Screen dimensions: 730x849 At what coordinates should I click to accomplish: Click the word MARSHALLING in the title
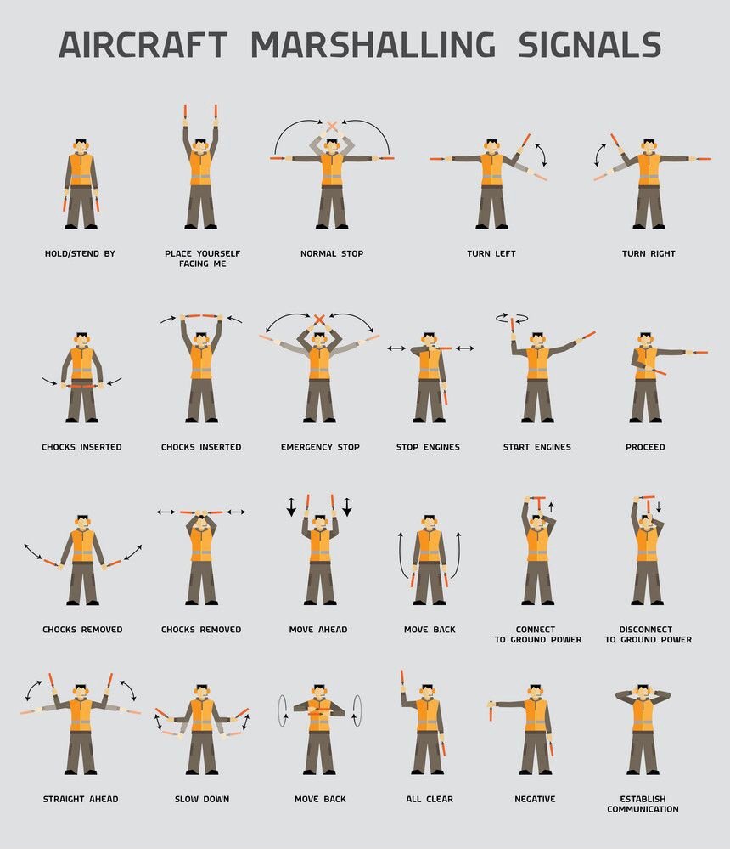pos(373,44)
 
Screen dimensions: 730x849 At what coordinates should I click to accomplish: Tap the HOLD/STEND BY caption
pos(80,253)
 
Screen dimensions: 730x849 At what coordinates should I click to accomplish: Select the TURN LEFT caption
pos(491,253)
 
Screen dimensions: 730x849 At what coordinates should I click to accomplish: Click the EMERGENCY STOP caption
pos(320,447)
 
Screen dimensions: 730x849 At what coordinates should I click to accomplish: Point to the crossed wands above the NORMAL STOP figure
pos(332,126)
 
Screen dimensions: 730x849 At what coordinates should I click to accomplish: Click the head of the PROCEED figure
pos(645,340)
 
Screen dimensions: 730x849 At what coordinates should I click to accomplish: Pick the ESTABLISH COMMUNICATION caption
pos(643,804)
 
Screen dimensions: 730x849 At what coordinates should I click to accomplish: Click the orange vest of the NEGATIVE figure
pos(536,714)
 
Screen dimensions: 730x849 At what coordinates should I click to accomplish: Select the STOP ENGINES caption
pos(428,447)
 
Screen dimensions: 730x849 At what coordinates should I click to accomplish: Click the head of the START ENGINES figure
pos(537,340)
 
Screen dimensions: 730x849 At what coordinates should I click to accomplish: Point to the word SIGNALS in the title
pos(590,44)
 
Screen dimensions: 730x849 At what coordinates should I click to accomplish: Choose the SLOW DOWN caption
pos(202,799)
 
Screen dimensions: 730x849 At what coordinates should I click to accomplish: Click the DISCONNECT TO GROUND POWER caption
pos(648,635)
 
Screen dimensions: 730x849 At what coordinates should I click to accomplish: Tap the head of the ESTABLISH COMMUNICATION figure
pos(643,693)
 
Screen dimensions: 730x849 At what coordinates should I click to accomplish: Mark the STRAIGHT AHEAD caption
pos(81,799)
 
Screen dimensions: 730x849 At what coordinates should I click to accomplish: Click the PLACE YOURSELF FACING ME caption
pos(202,258)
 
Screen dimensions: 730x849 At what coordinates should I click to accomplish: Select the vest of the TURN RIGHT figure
pos(649,169)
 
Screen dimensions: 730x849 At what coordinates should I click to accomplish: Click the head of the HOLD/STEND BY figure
pos(81,146)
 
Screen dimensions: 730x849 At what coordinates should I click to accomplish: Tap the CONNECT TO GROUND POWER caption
pos(538,635)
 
